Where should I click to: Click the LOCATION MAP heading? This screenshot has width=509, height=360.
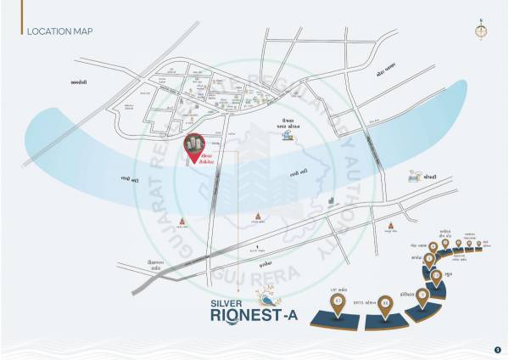tap(59, 32)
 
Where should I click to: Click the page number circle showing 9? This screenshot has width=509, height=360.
tap(497, 348)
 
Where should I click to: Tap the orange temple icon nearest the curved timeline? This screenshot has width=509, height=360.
tap(390, 226)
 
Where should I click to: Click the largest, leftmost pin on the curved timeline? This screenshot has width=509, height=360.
tap(339, 301)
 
